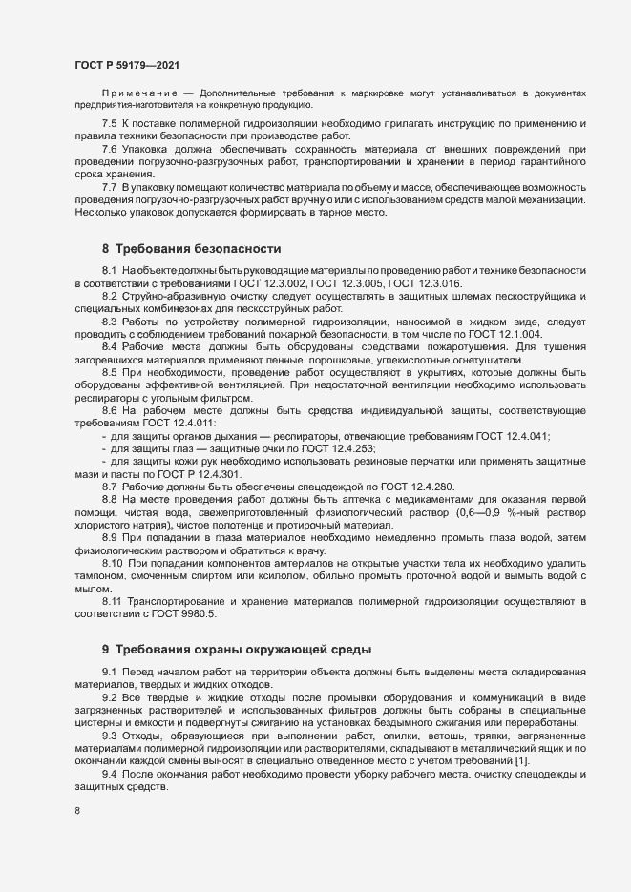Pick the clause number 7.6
(109, 150)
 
